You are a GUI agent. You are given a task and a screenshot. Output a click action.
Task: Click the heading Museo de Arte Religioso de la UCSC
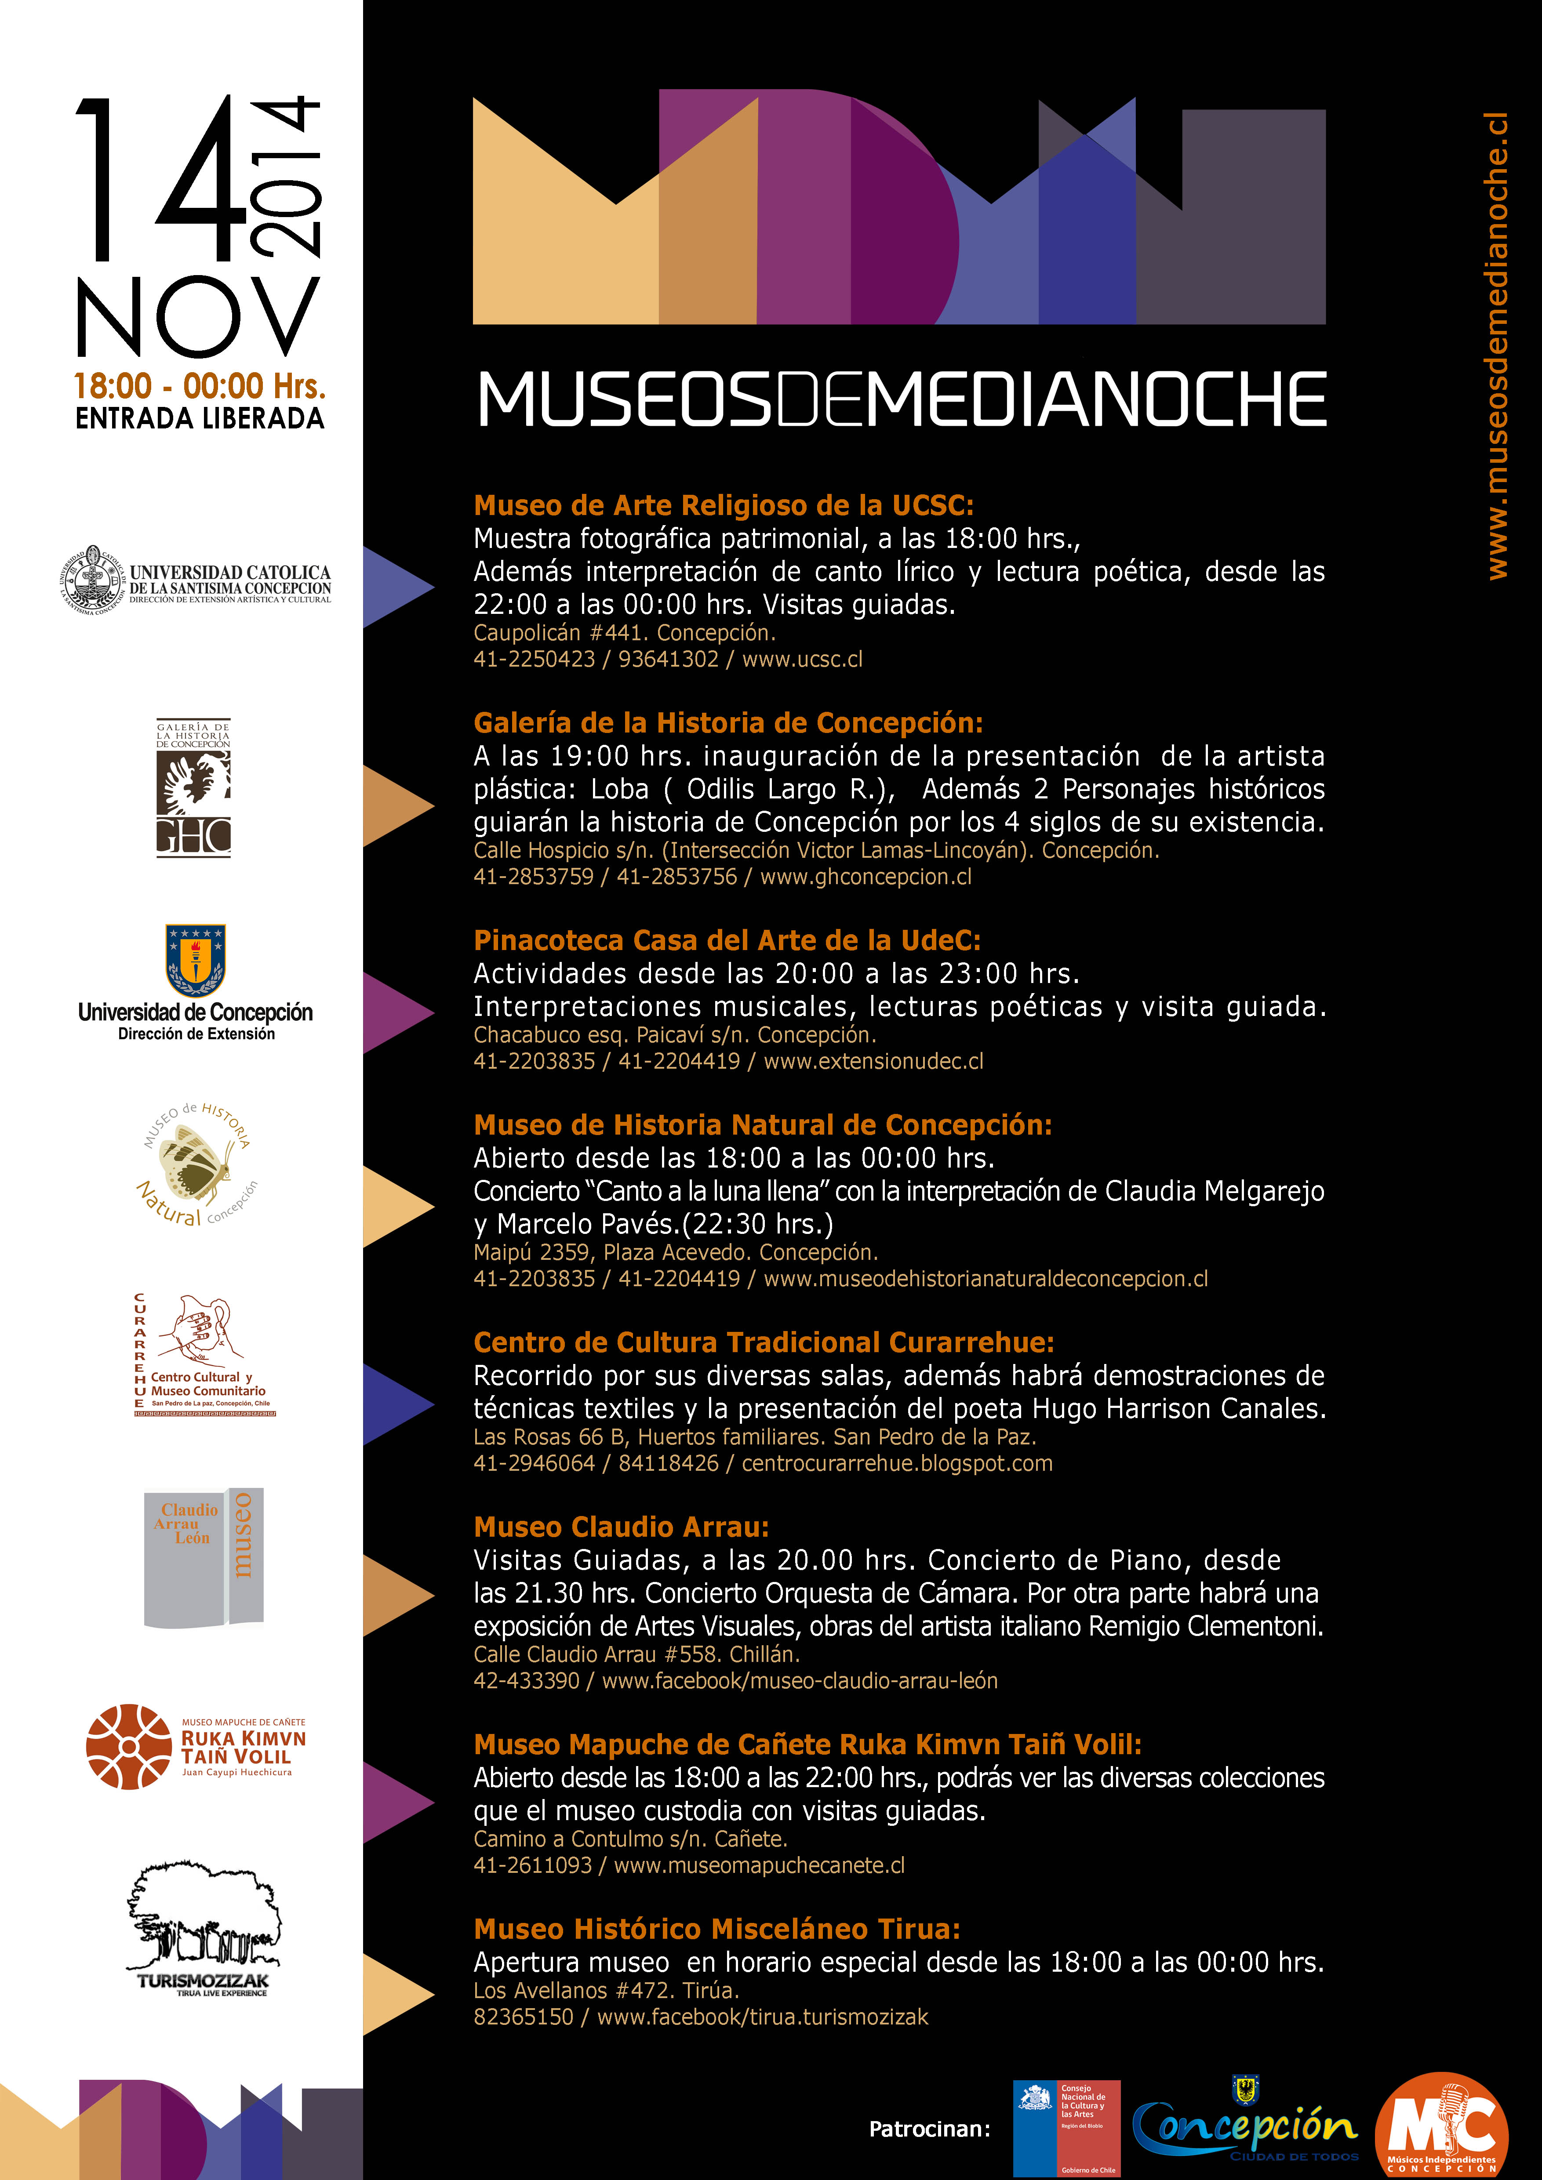pos(724,505)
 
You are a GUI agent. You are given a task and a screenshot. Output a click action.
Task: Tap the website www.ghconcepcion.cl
pos(866,876)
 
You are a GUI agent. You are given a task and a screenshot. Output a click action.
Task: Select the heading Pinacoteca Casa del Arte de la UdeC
pos(726,940)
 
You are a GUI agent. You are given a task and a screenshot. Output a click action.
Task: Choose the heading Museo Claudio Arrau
pos(621,1527)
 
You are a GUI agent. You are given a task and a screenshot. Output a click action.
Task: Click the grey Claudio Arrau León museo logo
pos(203,1557)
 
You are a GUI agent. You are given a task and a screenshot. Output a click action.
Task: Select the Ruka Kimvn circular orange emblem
pos(128,1747)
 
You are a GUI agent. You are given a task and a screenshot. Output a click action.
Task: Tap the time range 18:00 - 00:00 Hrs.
pos(200,385)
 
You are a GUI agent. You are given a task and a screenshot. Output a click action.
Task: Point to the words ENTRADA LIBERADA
pos(200,418)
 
